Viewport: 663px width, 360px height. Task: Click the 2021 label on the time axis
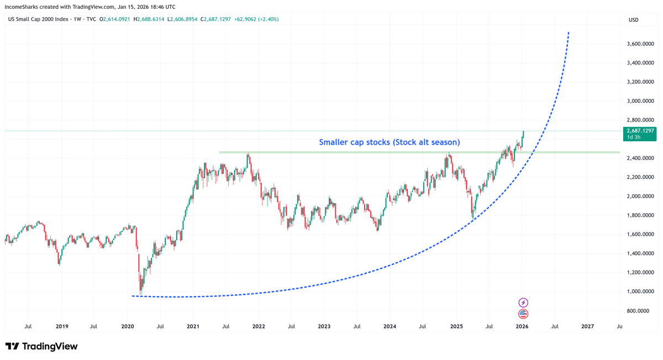point(193,326)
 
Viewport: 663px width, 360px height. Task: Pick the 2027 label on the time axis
point(587,326)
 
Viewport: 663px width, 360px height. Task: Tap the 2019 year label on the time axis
point(62,326)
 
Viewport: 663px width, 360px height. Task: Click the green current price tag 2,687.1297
point(641,131)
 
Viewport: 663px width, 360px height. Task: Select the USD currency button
point(633,20)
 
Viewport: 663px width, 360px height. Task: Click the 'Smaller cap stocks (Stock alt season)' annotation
point(390,142)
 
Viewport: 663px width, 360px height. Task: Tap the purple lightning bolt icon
point(523,303)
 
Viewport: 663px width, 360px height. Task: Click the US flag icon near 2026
point(523,314)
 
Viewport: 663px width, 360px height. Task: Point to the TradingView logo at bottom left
point(41,346)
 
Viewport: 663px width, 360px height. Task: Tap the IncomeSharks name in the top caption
point(24,7)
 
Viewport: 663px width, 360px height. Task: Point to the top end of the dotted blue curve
point(569,33)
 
